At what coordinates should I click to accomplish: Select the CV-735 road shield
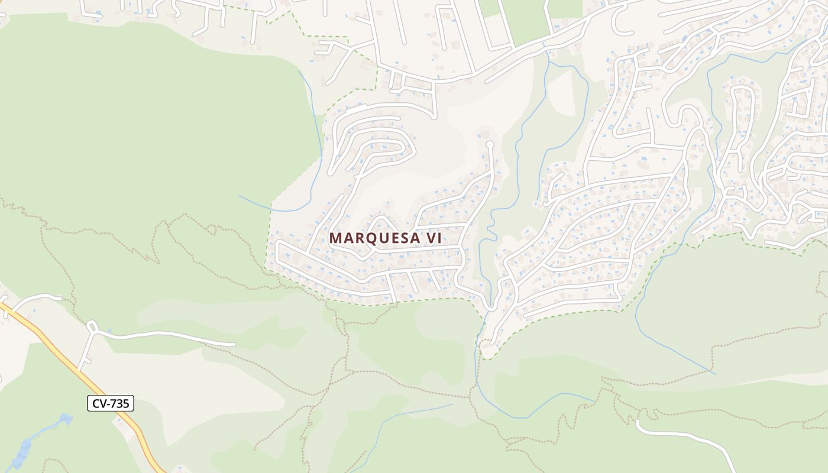tap(111, 404)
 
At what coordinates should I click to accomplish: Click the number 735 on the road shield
tap(119, 404)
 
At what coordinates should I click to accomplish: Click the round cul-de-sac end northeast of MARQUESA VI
tap(490, 144)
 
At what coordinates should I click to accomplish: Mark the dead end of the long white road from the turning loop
tap(234, 344)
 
